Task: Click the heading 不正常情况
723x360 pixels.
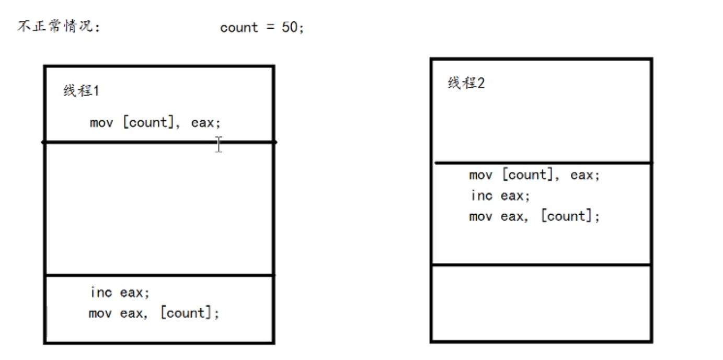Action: coord(59,27)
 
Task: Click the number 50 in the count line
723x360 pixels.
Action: coord(289,27)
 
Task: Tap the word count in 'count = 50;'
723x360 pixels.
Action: coord(239,27)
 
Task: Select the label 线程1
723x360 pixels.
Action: coord(81,91)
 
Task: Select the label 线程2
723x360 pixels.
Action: coord(466,83)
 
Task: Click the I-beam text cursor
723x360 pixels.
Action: coord(218,144)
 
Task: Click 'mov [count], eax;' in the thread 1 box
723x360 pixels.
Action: coord(155,123)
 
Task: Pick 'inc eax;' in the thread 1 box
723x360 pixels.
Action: coord(120,292)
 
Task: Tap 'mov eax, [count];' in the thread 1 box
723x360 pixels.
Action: coord(154,313)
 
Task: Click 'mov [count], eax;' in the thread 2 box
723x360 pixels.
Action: coord(534,175)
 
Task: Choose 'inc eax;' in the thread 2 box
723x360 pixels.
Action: coord(500,195)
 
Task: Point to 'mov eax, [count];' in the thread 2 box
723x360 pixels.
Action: coord(534,216)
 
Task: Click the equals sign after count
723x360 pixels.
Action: coord(270,27)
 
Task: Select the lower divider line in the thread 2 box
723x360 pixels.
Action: coord(542,265)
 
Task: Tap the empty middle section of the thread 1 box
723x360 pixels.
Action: coord(159,209)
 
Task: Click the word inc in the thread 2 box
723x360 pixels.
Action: coord(481,195)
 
